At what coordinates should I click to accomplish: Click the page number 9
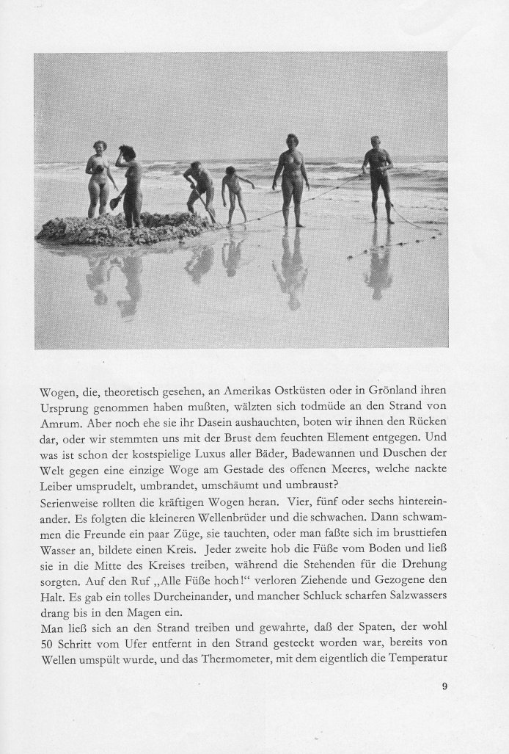pos(444,687)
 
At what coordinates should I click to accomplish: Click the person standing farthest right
pos(378,177)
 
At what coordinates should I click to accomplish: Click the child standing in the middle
pos(233,193)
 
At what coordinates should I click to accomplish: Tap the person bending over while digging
pos(199,188)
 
